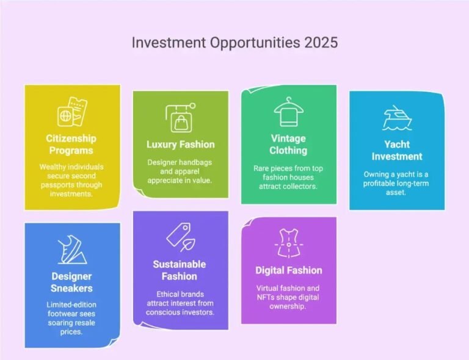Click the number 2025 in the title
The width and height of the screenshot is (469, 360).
pyautogui.click(x=318, y=43)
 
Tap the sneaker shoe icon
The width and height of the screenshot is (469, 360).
pyautogui.click(x=72, y=249)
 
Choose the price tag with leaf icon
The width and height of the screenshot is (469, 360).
pyautogui.click(x=180, y=238)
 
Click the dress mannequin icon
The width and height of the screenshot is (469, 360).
pyautogui.click(x=288, y=243)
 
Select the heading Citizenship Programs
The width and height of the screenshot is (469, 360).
pyautogui.click(x=72, y=144)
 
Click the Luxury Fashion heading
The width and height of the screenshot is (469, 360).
pyautogui.click(x=180, y=145)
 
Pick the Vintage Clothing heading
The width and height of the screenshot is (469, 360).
pyautogui.click(x=288, y=144)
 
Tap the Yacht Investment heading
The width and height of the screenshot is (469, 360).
pyautogui.click(x=397, y=150)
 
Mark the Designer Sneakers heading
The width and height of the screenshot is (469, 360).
pyautogui.click(x=72, y=282)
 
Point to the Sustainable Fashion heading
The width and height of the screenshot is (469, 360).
pyautogui.click(x=180, y=270)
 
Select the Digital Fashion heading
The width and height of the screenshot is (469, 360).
pyautogui.click(x=288, y=270)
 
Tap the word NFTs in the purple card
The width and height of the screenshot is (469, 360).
pyautogui.click(x=269, y=297)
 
